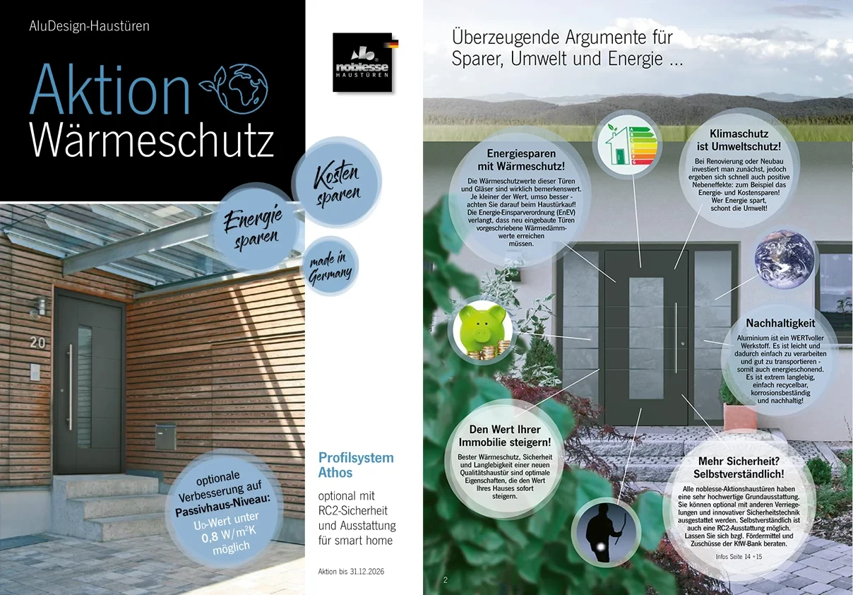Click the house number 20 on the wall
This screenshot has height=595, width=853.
[x=38, y=343]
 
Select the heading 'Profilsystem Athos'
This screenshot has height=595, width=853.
[x=356, y=465]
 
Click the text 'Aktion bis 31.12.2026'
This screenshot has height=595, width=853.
[x=351, y=571]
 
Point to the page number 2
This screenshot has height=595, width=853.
[x=446, y=580]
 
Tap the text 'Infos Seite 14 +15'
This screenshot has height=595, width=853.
[x=739, y=557]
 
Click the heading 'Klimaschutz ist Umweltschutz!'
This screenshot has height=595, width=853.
[x=739, y=140]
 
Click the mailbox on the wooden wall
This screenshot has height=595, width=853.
[x=165, y=436]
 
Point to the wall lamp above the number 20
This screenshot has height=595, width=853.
[x=40, y=307]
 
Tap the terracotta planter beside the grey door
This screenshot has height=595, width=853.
[x=736, y=418]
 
